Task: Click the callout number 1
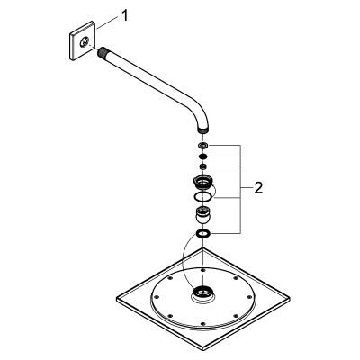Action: tap(125, 15)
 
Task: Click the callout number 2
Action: tap(258, 188)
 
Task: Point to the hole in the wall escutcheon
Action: tap(85, 41)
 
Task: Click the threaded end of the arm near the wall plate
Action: tap(102, 51)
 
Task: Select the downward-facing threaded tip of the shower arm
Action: tap(203, 130)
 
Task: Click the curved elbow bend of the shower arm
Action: tap(196, 115)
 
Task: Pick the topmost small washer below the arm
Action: tap(203, 146)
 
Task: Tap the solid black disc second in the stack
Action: tap(203, 157)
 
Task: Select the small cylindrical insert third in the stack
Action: tap(203, 166)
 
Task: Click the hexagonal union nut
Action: tap(203, 182)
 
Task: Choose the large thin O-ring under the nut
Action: tap(203, 197)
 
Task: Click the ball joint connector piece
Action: tap(203, 213)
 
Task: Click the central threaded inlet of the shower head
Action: tap(202, 292)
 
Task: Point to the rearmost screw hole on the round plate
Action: tap(203, 270)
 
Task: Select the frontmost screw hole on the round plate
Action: tap(202, 323)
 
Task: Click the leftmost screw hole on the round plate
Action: tap(156, 297)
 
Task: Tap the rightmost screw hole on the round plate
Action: tap(250, 297)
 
